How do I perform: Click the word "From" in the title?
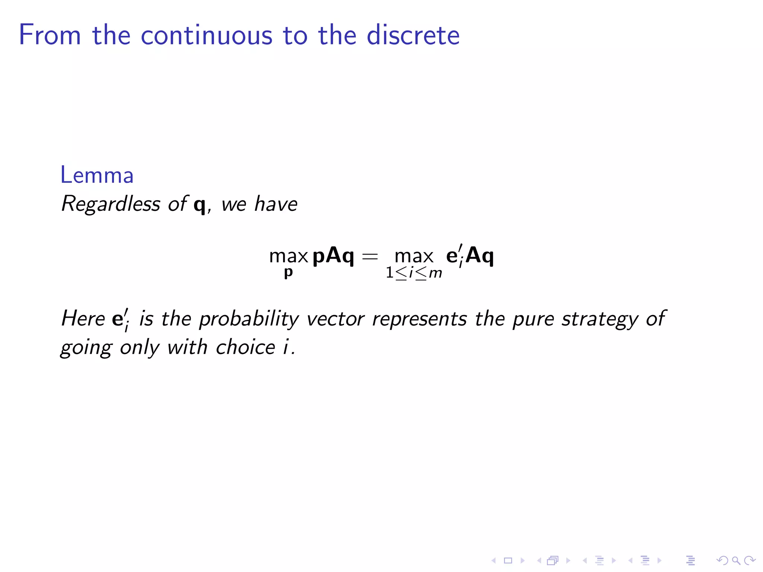coord(50,35)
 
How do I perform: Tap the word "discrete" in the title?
coord(413,35)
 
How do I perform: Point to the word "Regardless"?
coord(111,204)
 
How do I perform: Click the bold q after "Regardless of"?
coord(200,205)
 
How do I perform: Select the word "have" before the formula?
coord(276,204)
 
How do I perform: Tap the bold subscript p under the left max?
coord(288,273)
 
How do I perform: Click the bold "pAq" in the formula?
coord(333,256)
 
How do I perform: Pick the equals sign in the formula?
coord(370,256)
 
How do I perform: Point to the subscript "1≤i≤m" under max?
coord(414,273)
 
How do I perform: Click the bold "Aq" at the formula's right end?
coord(480,256)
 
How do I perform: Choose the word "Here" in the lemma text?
coord(83,319)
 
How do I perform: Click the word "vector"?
coord(335,319)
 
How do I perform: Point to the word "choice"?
coord(246,347)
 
